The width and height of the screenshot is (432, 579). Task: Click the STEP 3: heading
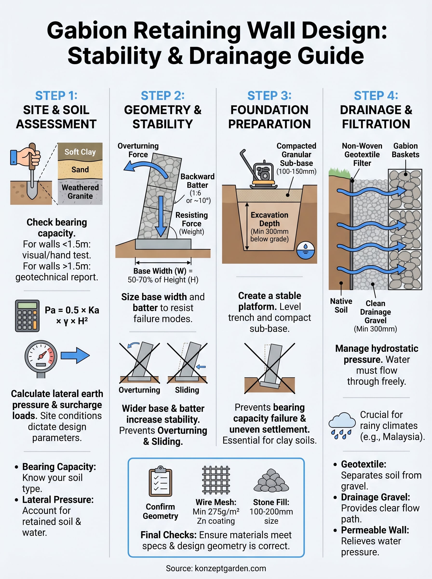click(269, 96)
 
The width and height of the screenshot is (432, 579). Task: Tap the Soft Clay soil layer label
click(80, 152)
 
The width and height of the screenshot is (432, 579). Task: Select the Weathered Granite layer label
click(80, 192)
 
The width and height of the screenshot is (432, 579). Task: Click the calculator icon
click(27, 316)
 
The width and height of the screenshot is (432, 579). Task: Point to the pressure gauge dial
click(41, 356)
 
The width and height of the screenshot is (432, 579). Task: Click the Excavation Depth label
click(269, 219)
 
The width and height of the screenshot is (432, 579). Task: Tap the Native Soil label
click(341, 305)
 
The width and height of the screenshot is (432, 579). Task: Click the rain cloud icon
click(342, 425)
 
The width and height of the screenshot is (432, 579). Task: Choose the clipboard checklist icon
click(160, 481)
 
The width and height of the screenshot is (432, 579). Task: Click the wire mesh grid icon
click(216, 480)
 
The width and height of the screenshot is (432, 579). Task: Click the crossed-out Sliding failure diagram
click(187, 363)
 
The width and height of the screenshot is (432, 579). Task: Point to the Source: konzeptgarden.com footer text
click(216, 568)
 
